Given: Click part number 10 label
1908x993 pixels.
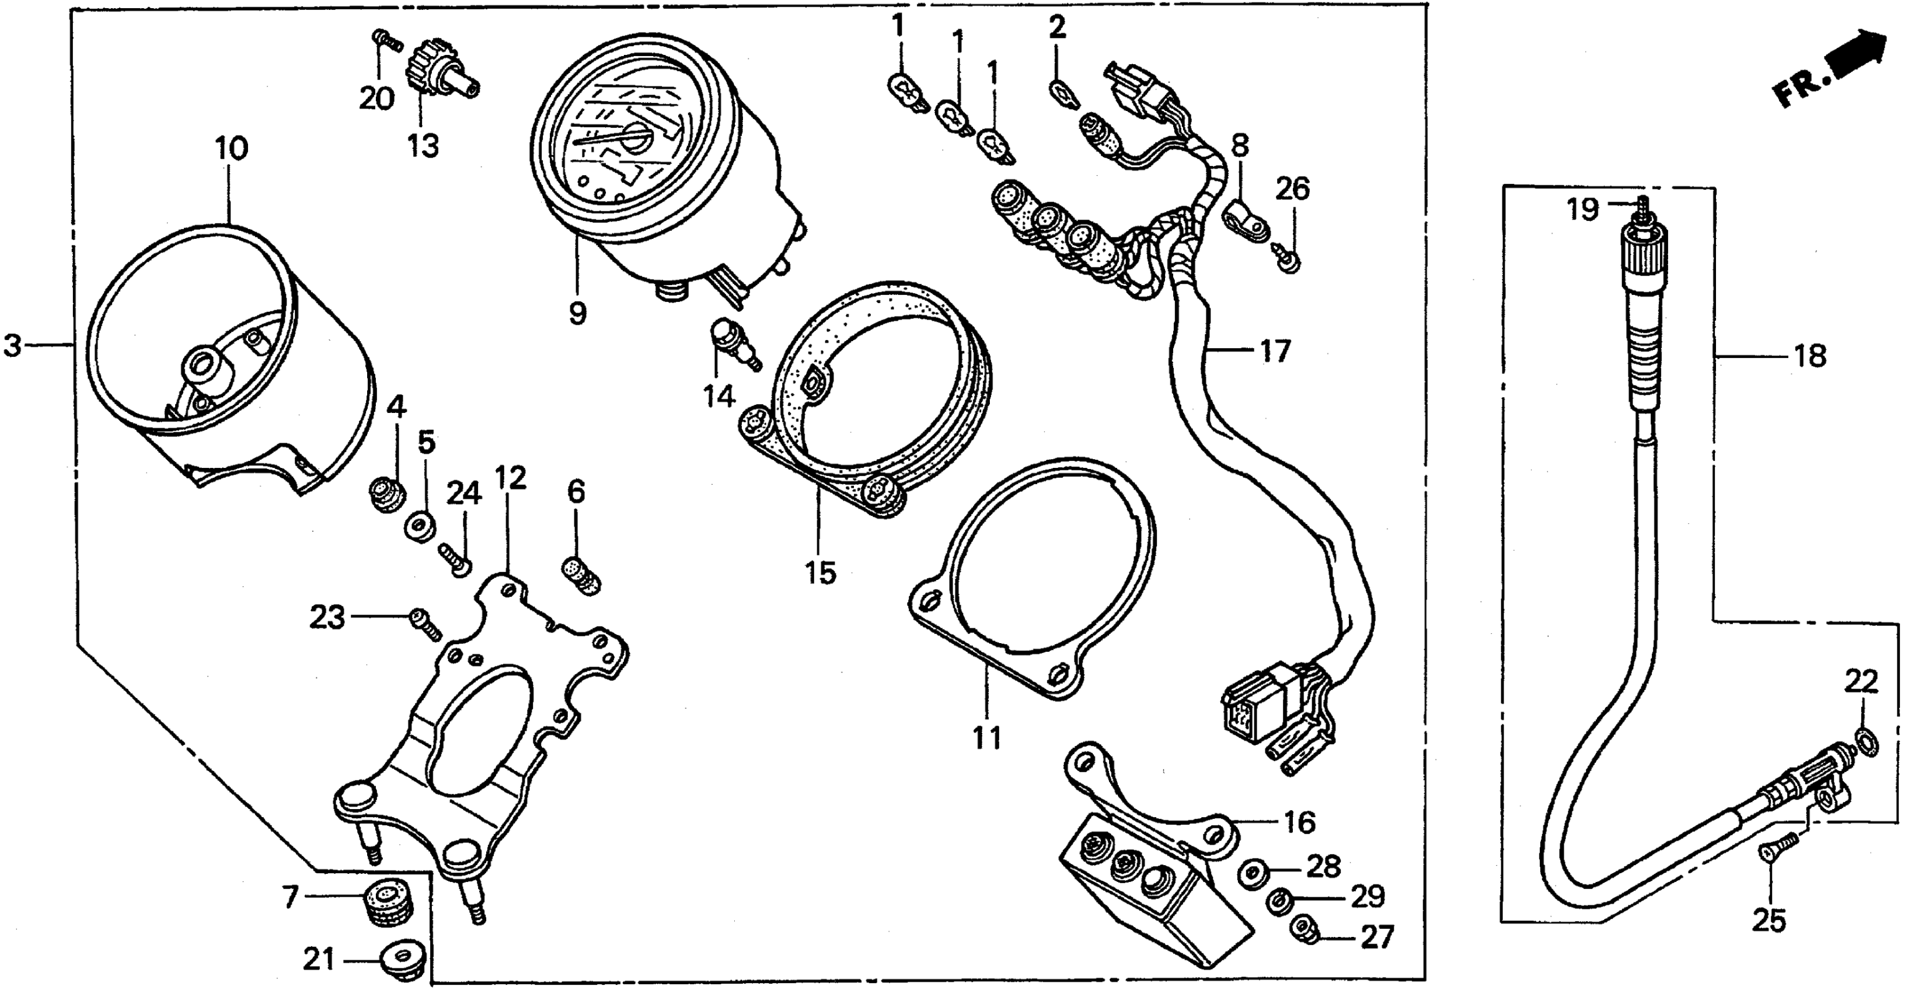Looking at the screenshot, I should click(232, 149).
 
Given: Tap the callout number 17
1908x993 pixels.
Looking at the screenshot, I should click(1275, 350).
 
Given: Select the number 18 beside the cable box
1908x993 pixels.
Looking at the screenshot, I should click(1810, 356).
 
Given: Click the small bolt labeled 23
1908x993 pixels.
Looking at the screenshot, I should click(425, 623).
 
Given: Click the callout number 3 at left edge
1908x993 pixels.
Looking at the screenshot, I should click(13, 345).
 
